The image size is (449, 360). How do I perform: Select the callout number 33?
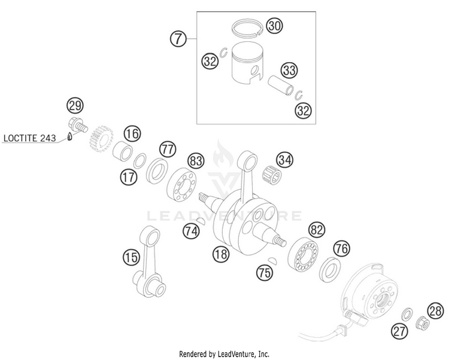290,71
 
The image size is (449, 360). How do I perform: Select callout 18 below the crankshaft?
221,255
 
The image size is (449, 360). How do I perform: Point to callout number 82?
317,230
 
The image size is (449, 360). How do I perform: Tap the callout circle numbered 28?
436,309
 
